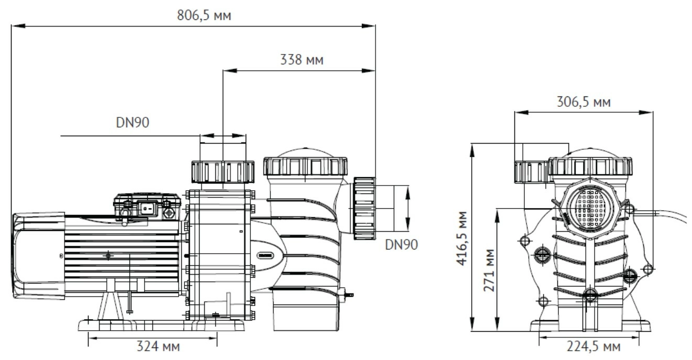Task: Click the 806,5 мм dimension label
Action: click(204, 15)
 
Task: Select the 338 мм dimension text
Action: click(302, 60)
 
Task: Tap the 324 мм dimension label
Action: click(158, 346)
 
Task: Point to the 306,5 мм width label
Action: click(584, 102)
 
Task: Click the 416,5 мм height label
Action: click(462, 238)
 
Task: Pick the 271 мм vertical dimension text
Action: click(489, 270)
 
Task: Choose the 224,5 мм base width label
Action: click(594, 347)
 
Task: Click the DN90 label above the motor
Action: click(133, 123)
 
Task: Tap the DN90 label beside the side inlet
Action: click(401, 245)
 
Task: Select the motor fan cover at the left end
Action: click(38, 255)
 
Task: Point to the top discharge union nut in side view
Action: click(223, 172)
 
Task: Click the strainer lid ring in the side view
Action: click(305, 166)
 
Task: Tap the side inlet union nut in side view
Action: click(365, 208)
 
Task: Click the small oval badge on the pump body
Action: click(265, 256)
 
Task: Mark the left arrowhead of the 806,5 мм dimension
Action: click(18, 26)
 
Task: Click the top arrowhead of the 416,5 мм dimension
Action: click(472, 150)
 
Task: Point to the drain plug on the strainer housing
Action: click(347, 294)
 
